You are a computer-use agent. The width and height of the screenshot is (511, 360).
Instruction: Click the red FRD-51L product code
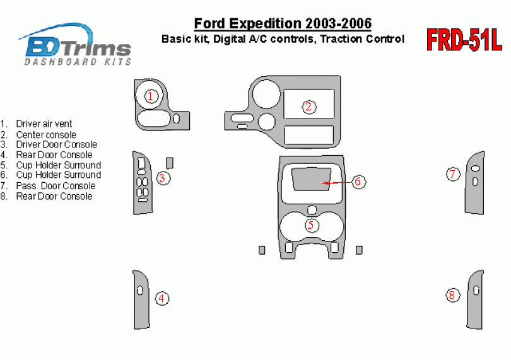[464, 40]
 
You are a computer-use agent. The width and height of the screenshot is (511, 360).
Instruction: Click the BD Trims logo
[76, 44]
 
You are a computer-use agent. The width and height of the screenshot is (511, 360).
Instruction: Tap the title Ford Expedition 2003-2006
[283, 23]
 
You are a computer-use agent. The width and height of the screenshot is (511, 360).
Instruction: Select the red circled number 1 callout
[151, 96]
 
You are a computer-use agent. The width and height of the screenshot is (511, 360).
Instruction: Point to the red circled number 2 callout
[308, 107]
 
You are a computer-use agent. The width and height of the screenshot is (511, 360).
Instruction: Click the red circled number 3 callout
[163, 178]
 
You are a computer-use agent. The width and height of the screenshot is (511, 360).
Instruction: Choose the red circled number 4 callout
[162, 298]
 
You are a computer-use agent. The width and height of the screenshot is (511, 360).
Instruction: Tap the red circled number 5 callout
[311, 225]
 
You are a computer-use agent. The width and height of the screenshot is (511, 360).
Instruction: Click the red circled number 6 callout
[358, 181]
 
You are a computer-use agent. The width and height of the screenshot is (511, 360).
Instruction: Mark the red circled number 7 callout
[453, 174]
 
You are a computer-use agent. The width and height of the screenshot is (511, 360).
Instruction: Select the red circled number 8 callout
[452, 295]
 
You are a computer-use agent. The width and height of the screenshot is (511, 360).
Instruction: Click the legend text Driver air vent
[44, 124]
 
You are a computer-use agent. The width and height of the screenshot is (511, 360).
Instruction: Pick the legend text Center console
[46, 134]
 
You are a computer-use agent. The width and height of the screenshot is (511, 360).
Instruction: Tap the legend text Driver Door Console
[56, 144]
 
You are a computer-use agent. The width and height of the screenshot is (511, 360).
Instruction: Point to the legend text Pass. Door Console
[56, 186]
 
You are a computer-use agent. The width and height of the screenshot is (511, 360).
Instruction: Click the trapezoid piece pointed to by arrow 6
[311, 179]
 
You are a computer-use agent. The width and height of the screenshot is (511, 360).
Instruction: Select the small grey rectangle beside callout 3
[170, 163]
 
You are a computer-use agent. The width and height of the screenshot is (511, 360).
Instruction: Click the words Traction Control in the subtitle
[362, 39]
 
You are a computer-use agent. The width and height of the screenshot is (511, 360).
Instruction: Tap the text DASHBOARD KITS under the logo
[78, 62]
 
